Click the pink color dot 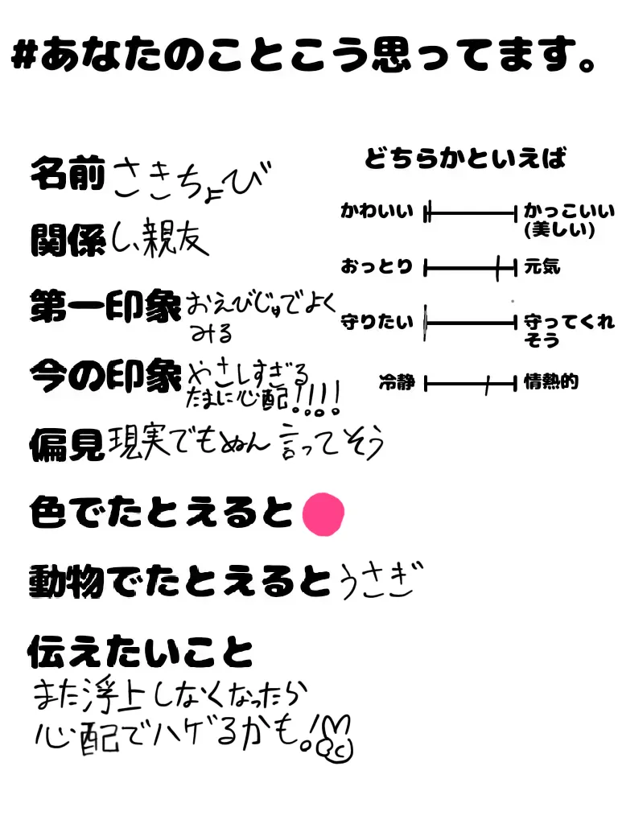click(x=323, y=513)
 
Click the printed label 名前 click(x=67, y=174)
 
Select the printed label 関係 click(x=67, y=239)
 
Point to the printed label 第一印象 click(x=105, y=307)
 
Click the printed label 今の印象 click(x=105, y=374)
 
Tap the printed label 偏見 click(x=67, y=442)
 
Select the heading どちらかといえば click(x=466, y=159)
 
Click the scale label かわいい click(x=377, y=213)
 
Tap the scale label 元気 click(x=542, y=266)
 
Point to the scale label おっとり click(x=377, y=266)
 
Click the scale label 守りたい click(x=377, y=323)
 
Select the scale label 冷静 click(x=397, y=383)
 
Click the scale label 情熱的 click(x=551, y=383)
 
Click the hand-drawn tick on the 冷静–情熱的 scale click(x=487, y=385)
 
